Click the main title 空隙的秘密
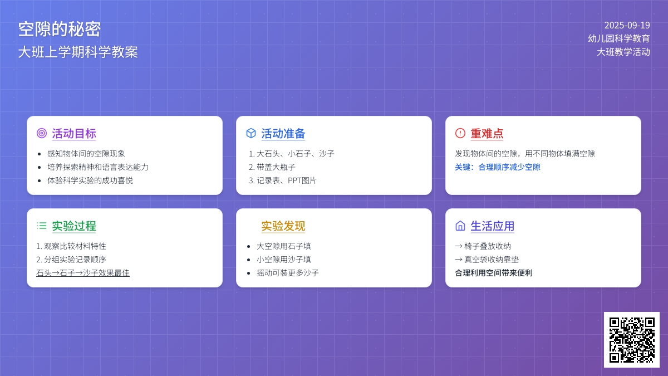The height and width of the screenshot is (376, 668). (x=60, y=29)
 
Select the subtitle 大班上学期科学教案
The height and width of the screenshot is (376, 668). (x=78, y=52)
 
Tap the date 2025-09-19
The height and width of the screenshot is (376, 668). (x=627, y=26)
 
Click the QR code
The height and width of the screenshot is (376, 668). (x=632, y=340)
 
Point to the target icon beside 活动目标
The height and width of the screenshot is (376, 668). (x=42, y=133)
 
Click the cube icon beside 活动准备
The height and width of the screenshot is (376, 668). (x=251, y=133)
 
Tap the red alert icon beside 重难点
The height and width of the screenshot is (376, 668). (x=460, y=133)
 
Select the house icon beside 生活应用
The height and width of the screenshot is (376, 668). (x=460, y=226)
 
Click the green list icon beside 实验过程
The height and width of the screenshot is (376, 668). (x=42, y=226)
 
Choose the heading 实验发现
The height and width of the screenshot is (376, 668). (x=283, y=226)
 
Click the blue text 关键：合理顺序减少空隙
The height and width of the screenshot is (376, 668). (x=498, y=167)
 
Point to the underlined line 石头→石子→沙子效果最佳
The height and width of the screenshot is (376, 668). (x=83, y=273)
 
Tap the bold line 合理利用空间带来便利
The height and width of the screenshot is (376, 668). (x=494, y=273)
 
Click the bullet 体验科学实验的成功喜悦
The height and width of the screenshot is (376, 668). (x=90, y=180)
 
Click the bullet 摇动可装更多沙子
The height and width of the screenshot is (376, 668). (x=287, y=273)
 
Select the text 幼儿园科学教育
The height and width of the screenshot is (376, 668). (x=619, y=38)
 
